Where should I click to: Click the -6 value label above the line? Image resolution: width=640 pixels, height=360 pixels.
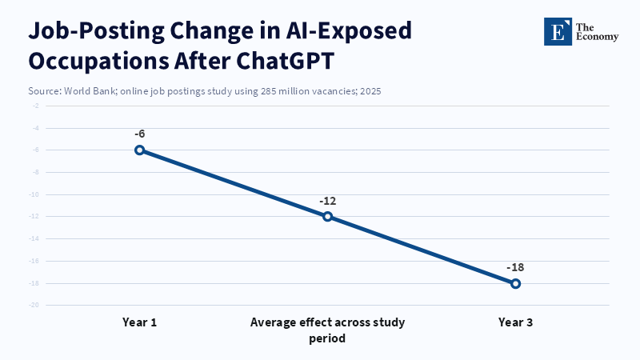(x=139, y=134)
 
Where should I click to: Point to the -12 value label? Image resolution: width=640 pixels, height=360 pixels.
(x=327, y=201)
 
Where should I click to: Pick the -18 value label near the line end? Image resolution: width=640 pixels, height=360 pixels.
(x=515, y=267)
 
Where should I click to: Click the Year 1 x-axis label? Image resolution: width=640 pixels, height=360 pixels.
(x=139, y=322)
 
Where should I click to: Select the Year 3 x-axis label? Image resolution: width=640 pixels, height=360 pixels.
(x=515, y=322)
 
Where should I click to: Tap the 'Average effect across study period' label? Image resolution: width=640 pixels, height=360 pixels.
(x=327, y=330)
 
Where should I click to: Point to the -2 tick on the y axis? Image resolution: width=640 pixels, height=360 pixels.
(x=36, y=106)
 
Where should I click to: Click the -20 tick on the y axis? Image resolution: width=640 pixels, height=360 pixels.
(x=34, y=305)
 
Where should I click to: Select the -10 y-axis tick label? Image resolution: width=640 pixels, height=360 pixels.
(x=34, y=194)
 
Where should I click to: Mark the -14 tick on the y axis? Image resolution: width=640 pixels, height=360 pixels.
(x=34, y=238)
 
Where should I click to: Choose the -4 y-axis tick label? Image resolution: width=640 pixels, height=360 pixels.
(x=36, y=128)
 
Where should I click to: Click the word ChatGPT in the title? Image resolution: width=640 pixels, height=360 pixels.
(x=286, y=61)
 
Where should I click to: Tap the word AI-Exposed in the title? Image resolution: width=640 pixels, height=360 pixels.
(x=349, y=31)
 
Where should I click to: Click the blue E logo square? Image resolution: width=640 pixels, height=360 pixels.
(x=558, y=31)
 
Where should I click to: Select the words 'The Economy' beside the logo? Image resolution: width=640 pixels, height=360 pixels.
(x=597, y=32)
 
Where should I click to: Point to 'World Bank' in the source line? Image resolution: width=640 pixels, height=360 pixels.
(x=90, y=91)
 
